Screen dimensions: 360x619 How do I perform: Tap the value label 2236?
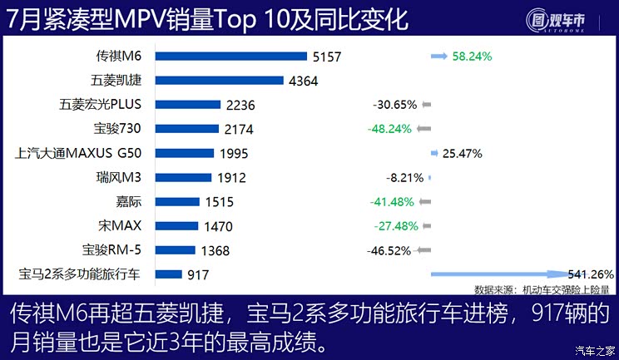pos(240,106)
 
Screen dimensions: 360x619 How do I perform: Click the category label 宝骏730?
pos(119,130)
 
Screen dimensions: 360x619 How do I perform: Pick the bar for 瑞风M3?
pos(185,178)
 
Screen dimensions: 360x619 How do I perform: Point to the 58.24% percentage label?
pos(472,57)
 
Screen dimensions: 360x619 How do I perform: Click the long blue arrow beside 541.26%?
pos(499,273)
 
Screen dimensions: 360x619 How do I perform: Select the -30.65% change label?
pos(394,106)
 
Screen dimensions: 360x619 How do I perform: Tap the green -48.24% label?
pos(389,130)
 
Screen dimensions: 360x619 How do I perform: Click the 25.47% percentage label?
pos(462,154)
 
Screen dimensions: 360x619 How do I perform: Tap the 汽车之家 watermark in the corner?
pos(596,349)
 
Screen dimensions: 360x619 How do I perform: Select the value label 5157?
pos(326,57)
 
